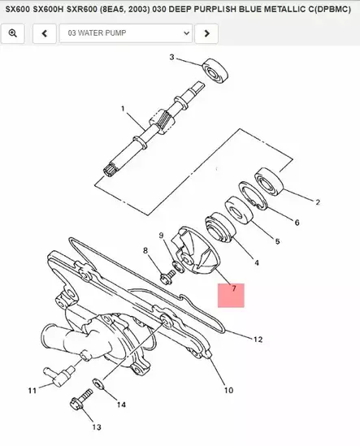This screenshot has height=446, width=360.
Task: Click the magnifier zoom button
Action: tap(12, 33)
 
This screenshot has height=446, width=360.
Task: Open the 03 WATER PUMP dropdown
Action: tap(125, 33)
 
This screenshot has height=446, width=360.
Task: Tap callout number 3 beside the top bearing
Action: tap(171, 57)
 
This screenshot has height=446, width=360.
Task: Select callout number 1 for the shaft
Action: tap(123, 109)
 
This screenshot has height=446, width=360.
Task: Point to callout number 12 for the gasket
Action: tap(258, 340)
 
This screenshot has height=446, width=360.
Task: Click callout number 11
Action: tap(33, 390)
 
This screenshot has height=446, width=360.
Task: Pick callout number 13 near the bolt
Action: tap(97, 427)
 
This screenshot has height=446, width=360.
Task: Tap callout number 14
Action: tap(121, 405)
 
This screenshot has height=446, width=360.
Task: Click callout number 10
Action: tap(229, 390)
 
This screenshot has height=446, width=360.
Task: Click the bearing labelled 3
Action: tap(215, 71)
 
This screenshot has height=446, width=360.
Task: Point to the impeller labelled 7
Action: tap(197, 252)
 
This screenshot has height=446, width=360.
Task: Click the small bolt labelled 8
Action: tap(168, 276)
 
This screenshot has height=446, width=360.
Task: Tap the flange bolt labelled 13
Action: tap(81, 400)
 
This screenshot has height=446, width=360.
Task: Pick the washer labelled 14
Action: tap(98, 384)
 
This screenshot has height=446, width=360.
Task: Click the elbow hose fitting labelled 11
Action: tap(58, 376)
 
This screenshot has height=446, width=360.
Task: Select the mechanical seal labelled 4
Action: tap(221, 227)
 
